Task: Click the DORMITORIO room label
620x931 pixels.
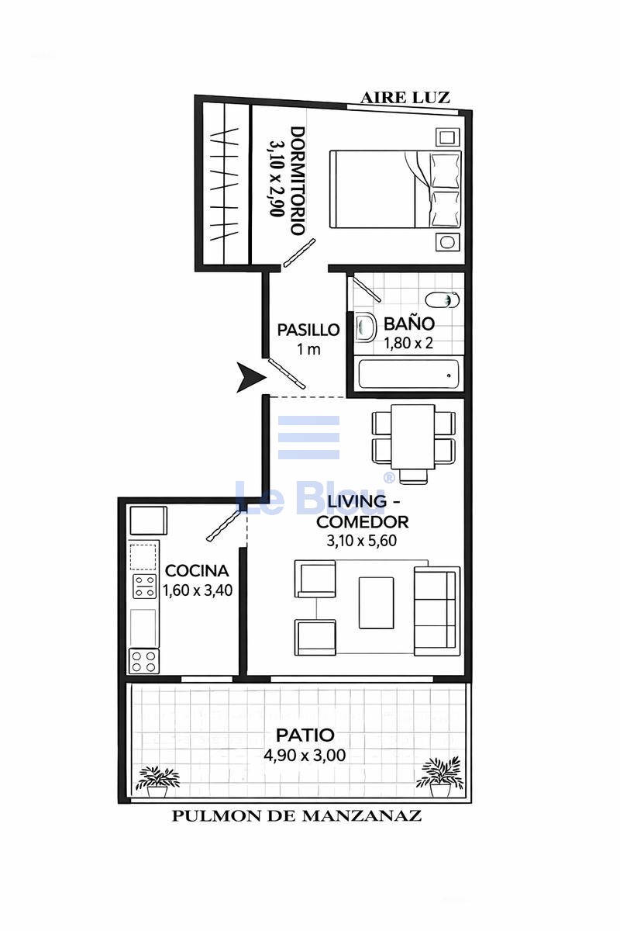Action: pos(298,182)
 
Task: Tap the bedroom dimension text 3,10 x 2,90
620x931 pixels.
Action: pos(277,178)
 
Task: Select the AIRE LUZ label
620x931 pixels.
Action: pos(405,98)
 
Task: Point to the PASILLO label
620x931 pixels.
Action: pos(308,330)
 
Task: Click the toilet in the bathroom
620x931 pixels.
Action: pos(443,299)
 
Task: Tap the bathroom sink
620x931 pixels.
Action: pos(365,327)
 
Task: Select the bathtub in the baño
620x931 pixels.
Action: pos(408,375)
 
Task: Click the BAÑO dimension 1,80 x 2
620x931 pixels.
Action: pos(408,343)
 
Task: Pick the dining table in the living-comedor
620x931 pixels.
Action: pos(413,436)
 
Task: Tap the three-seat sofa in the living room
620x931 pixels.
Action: pos(437,611)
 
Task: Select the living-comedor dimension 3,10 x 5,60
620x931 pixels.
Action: pos(362,541)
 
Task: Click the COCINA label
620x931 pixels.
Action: pos(197,571)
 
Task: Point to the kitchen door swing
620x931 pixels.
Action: pos(223,525)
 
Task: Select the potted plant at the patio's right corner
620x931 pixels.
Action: pos(439,777)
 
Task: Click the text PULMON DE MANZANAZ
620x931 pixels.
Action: pos(297,816)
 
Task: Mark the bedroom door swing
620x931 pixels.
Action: pos(299,252)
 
